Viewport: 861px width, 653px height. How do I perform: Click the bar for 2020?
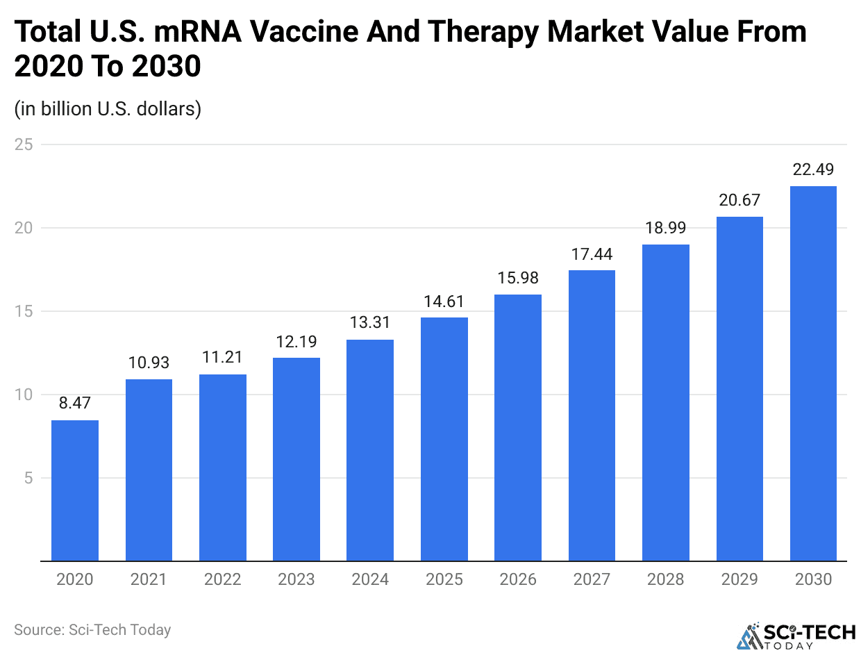click(x=75, y=490)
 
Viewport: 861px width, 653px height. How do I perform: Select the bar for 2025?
click(x=444, y=439)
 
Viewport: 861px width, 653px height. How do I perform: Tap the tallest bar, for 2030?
click(x=813, y=373)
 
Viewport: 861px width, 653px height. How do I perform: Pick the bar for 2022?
click(x=223, y=468)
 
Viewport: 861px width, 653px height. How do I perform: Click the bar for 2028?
click(x=666, y=402)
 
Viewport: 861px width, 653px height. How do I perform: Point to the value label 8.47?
click(x=75, y=403)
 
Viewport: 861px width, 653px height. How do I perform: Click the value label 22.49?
click(x=813, y=170)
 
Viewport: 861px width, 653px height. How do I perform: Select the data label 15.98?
click(x=518, y=278)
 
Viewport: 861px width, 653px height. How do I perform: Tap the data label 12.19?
click(x=296, y=341)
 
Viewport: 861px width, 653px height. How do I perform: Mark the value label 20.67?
click(x=739, y=200)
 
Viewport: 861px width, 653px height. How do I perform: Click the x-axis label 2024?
click(x=370, y=579)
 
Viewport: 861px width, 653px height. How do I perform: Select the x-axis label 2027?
click(x=592, y=579)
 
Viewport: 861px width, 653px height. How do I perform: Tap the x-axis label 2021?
click(x=149, y=579)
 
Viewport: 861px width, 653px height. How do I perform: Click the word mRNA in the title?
click(x=236, y=33)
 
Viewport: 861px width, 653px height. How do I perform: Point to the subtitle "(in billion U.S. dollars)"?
click(x=108, y=109)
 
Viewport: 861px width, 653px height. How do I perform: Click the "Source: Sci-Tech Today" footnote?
click(x=92, y=629)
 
